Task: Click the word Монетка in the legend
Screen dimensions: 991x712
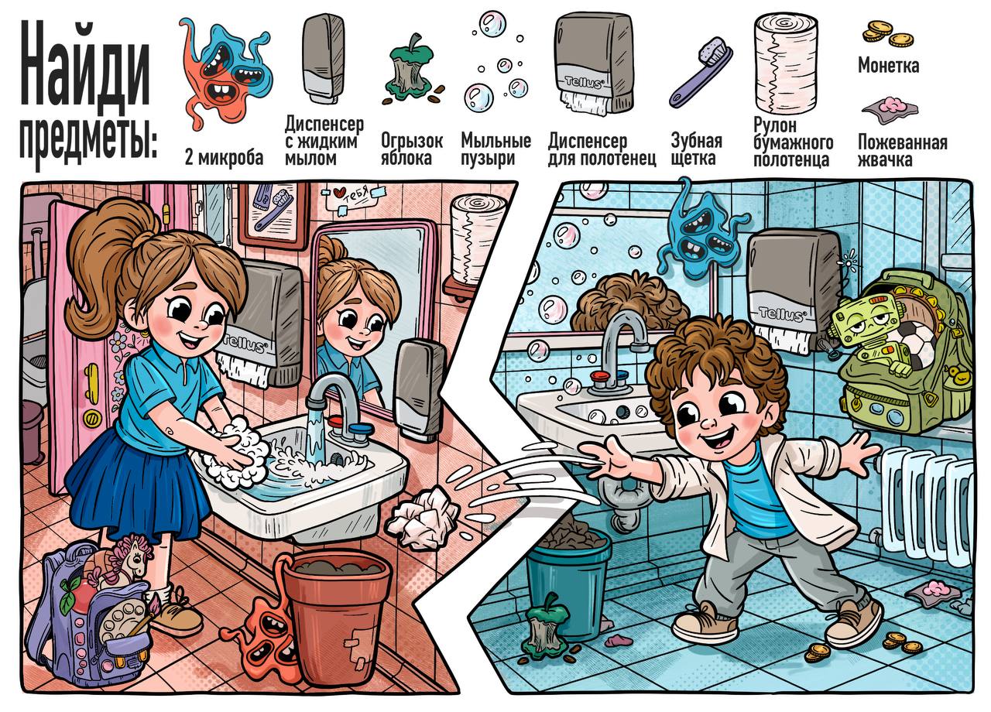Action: (x=888, y=66)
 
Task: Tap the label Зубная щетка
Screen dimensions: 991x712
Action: (x=696, y=149)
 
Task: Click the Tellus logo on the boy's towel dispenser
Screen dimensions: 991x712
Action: (x=781, y=314)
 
